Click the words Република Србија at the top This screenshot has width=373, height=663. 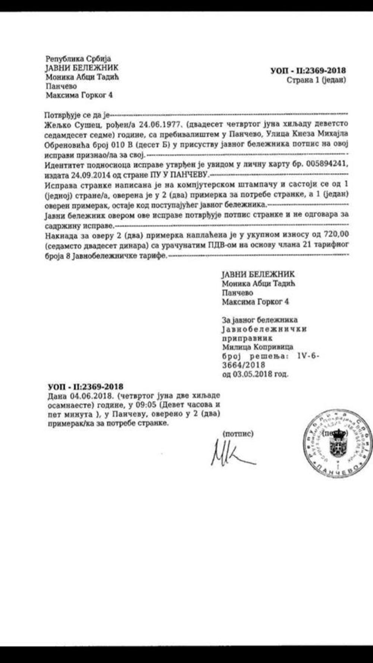point(78,59)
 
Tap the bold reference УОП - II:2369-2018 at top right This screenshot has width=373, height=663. point(308,70)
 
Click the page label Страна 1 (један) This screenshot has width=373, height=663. point(316,80)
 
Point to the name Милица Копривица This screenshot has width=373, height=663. point(257,347)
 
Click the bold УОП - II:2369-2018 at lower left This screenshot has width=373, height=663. point(85,387)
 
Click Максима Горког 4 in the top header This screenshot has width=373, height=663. point(79,95)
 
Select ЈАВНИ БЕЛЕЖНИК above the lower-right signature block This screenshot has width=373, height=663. point(258,274)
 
